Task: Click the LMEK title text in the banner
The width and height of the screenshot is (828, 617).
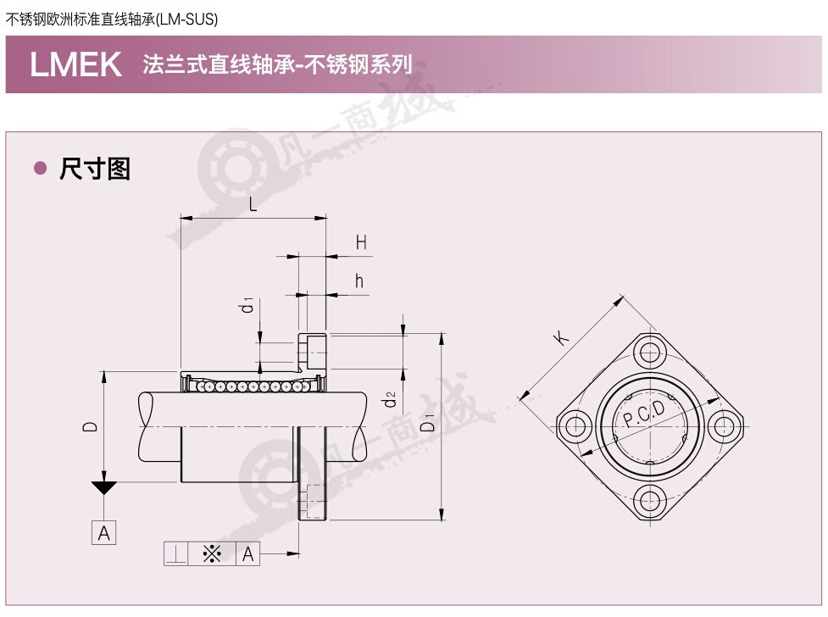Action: click(76, 64)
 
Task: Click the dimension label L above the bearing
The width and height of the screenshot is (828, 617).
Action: click(253, 204)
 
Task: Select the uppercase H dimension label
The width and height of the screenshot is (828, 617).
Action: click(361, 242)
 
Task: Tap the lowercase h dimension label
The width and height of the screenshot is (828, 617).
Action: click(359, 281)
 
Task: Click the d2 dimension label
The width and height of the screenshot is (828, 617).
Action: click(389, 399)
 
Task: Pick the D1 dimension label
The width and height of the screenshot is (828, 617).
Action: click(428, 423)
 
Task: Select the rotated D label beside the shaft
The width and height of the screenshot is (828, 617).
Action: click(91, 426)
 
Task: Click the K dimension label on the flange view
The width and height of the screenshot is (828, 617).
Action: click(561, 336)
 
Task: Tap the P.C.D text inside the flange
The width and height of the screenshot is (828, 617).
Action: click(644, 413)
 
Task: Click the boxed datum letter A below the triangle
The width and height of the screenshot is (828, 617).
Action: click(104, 533)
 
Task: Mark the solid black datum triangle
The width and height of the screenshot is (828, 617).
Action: click(104, 488)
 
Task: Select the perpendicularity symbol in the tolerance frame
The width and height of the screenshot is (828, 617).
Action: click(175, 554)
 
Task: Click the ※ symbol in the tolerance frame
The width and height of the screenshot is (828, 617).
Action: click(212, 554)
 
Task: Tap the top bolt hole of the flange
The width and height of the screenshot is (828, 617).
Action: click(649, 352)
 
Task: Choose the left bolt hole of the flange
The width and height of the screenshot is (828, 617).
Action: click(575, 425)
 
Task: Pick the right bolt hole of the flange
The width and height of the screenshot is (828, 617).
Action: click(723, 425)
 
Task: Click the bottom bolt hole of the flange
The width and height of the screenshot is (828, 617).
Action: click(649, 500)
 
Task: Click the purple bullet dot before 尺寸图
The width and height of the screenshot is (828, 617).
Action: click(40, 168)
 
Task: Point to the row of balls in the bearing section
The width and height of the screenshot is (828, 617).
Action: click(253, 387)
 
